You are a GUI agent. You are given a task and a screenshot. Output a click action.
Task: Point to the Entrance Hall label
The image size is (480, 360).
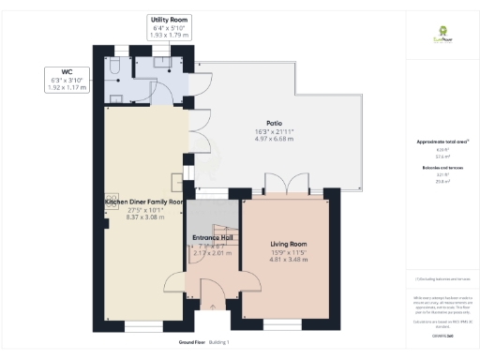pos(211,238)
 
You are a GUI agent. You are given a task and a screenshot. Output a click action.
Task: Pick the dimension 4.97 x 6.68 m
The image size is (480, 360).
pos(274,138)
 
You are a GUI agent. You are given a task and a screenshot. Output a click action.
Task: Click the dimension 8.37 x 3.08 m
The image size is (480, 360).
pos(144,217)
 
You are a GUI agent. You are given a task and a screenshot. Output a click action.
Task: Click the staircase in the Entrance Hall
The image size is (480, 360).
pos(224,235)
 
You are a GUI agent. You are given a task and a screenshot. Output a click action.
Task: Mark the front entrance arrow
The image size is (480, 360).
pos(213,305)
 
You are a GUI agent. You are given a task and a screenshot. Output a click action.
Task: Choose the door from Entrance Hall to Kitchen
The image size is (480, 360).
pos(175,281)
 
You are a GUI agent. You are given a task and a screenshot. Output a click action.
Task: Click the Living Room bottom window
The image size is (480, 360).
pos(281,322)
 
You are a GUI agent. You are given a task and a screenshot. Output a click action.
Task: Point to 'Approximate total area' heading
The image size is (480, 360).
pos(439,142)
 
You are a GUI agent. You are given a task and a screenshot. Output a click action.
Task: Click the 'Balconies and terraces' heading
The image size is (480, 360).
pos(439,168)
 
